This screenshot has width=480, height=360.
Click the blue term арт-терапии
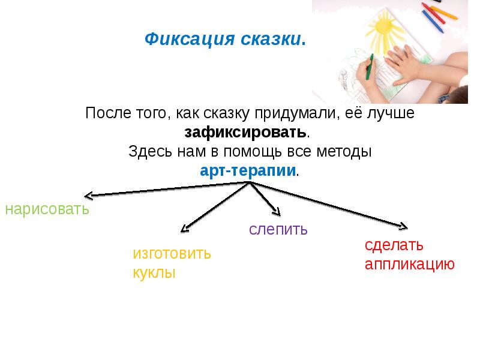tap(248, 170)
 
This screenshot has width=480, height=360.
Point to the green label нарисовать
tap(47, 209)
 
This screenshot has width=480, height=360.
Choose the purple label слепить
tap(278, 229)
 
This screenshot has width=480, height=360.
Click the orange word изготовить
tap(172, 253)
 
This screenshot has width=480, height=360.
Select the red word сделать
tap(394, 245)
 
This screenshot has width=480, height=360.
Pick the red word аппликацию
tap(410, 265)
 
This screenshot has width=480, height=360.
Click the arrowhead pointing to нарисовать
tap(89, 195)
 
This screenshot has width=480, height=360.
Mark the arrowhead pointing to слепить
tap(277, 211)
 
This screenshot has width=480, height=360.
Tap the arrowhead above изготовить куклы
tap(185, 229)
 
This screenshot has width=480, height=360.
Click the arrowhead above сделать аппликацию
tap(403, 227)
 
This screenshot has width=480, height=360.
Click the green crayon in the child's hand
tap(370, 67)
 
